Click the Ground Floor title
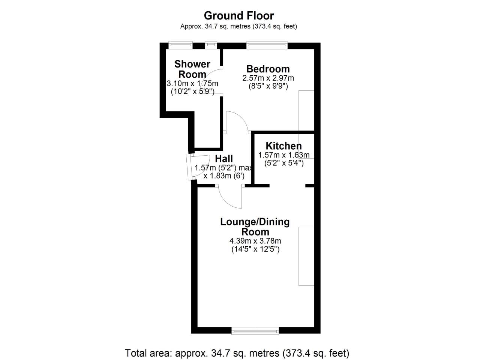pyautogui.click(x=239, y=16)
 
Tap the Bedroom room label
pyautogui.click(x=268, y=69)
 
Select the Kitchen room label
pyautogui.click(x=283, y=146)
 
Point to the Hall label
pyautogui.click(x=224, y=159)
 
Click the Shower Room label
pyautogui.click(x=192, y=69)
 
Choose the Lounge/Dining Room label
pyautogui.click(x=255, y=227)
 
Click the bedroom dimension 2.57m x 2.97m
pyautogui.click(x=268, y=78)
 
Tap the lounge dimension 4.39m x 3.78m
pyautogui.click(x=255, y=241)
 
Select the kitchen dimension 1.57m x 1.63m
pyautogui.click(x=284, y=155)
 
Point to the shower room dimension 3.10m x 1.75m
pyautogui.click(x=192, y=84)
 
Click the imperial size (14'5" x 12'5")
pyautogui.click(x=255, y=249)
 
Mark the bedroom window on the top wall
pyautogui.click(x=267, y=45)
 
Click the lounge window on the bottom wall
pyautogui.click(x=255, y=331)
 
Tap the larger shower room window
pyautogui.click(x=180, y=45)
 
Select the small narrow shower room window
pyautogui.click(x=211, y=45)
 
